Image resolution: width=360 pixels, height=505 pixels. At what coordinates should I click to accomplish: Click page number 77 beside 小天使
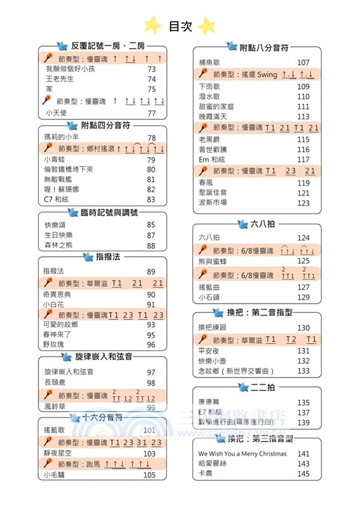pos(151,113)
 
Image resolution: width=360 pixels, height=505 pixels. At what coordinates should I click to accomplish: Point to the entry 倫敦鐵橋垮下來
pos(68,169)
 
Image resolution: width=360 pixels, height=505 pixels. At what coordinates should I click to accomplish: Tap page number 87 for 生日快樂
pos(151,235)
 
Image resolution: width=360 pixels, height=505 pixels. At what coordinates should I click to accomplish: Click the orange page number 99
pos(151,408)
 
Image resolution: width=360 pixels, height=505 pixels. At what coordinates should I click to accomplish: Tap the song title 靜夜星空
pos(58,453)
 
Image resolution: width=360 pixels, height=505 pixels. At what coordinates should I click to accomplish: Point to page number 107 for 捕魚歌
pos(303,62)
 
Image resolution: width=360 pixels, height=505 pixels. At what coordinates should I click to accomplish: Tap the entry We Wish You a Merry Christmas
pos(242,453)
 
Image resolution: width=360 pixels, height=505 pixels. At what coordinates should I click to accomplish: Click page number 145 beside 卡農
pos(303,473)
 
